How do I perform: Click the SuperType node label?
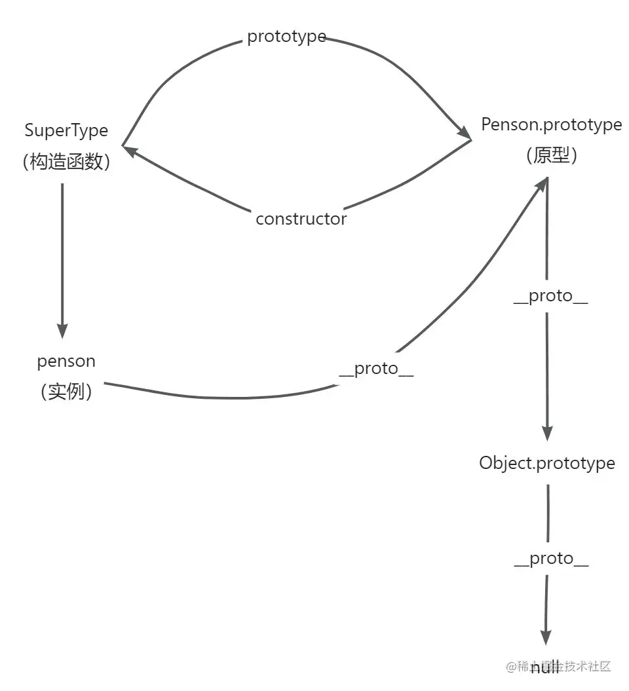click(66, 130)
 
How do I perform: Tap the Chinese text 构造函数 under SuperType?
click(66, 161)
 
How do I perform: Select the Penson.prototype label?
click(551, 124)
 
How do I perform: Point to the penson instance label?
click(66, 361)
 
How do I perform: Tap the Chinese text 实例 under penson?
click(66, 392)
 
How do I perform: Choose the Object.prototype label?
click(547, 463)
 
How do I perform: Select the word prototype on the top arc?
click(286, 37)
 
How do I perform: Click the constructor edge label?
click(301, 219)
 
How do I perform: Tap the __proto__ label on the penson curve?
click(376, 369)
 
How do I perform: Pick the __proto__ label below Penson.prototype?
click(550, 296)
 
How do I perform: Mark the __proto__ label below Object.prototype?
click(551, 559)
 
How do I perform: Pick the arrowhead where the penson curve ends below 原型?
click(541, 185)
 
